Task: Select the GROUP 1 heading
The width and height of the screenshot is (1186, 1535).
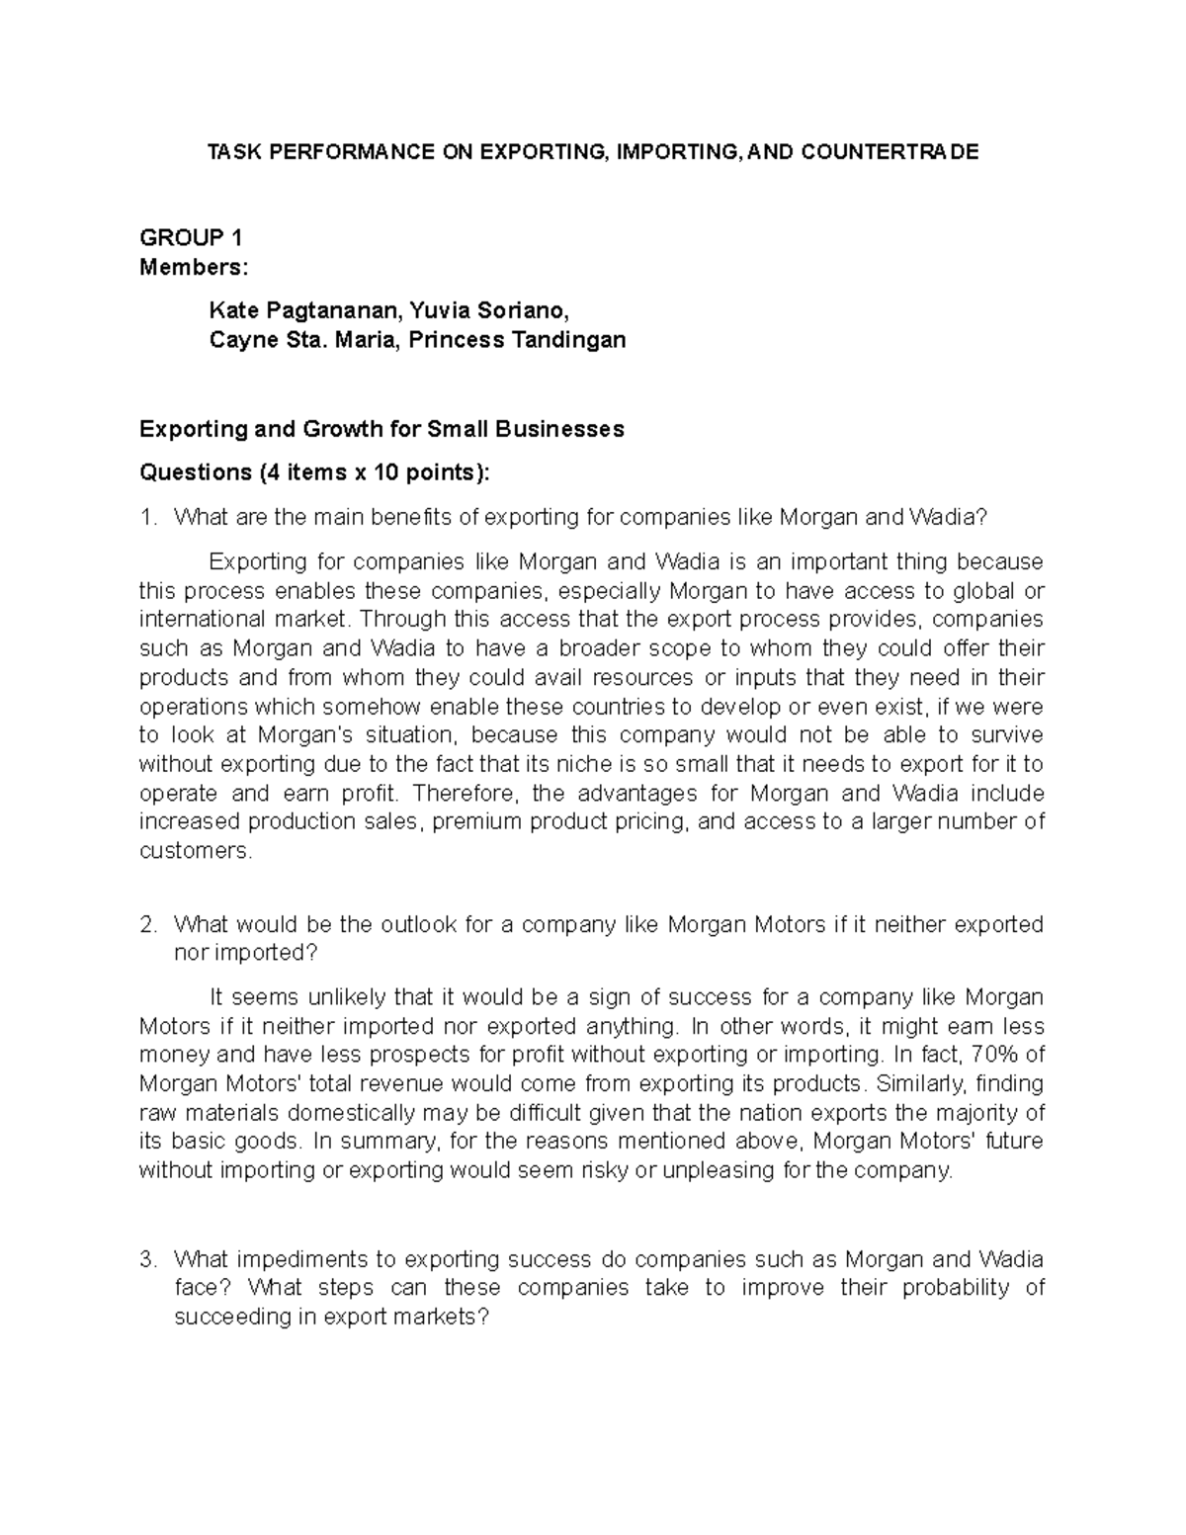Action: pyautogui.click(x=191, y=238)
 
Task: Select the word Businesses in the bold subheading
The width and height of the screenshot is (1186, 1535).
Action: pyautogui.click(x=560, y=429)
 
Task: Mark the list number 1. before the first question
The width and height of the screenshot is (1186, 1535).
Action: pyautogui.click(x=149, y=517)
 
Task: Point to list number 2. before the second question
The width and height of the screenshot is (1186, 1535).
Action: pyautogui.click(x=149, y=925)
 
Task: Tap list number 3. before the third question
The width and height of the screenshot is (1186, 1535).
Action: pyautogui.click(x=149, y=1260)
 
